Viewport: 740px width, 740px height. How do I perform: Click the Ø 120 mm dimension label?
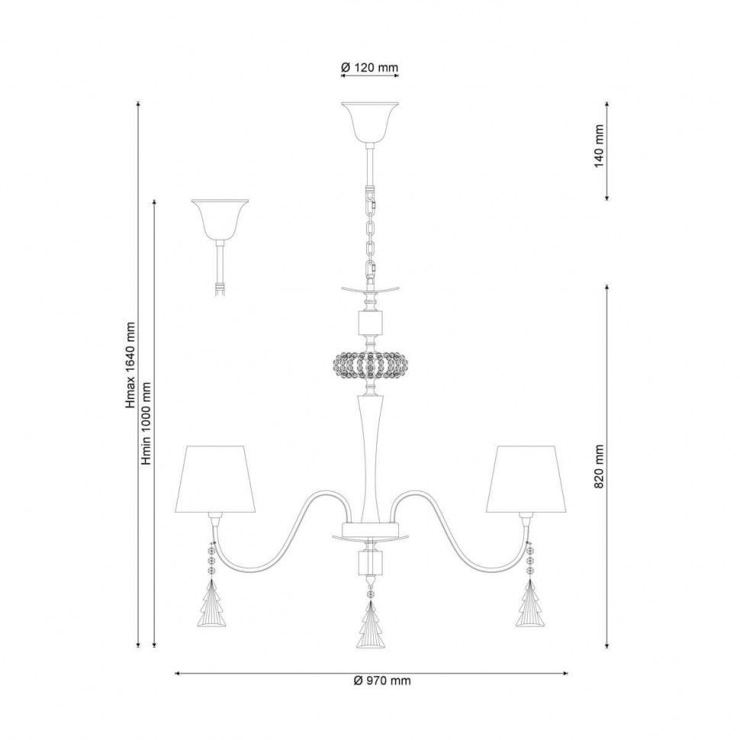[x=370, y=67]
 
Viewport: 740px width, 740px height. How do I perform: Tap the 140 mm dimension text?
[x=599, y=146]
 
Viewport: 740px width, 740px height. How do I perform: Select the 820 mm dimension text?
[x=599, y=466]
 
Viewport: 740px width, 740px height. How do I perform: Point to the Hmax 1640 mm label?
[x=130, y=365]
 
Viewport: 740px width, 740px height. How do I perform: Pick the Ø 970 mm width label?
[x=382, y=680]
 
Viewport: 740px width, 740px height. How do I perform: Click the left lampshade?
[x=215, y=478]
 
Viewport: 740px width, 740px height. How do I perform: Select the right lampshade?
[x=526, y=478]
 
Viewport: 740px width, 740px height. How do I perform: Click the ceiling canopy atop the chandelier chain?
[x=370, y=122]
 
